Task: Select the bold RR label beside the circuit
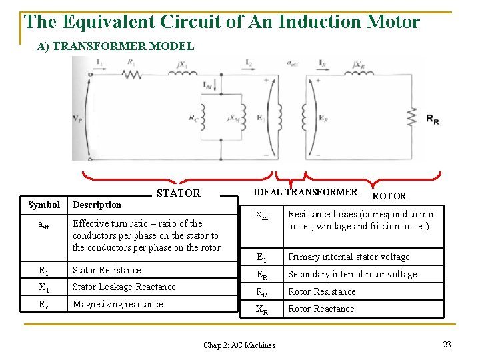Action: tap(433, 120)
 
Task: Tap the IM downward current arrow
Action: tap(203, 87)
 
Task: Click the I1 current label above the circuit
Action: tap(99, 63)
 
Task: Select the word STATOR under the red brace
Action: tap(178, 193)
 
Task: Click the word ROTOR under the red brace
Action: tap(389, 196)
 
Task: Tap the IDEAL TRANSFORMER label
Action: tap(305, 192)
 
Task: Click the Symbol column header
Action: tap(44, 205)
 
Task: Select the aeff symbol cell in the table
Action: tap(43, 225)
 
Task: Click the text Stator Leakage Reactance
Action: tap(124, 287)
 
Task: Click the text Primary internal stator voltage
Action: tap(349, 257)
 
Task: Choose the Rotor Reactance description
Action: tap(321, 309)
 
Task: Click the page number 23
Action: tap(447, 344)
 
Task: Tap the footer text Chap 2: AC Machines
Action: tap(239, 345)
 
